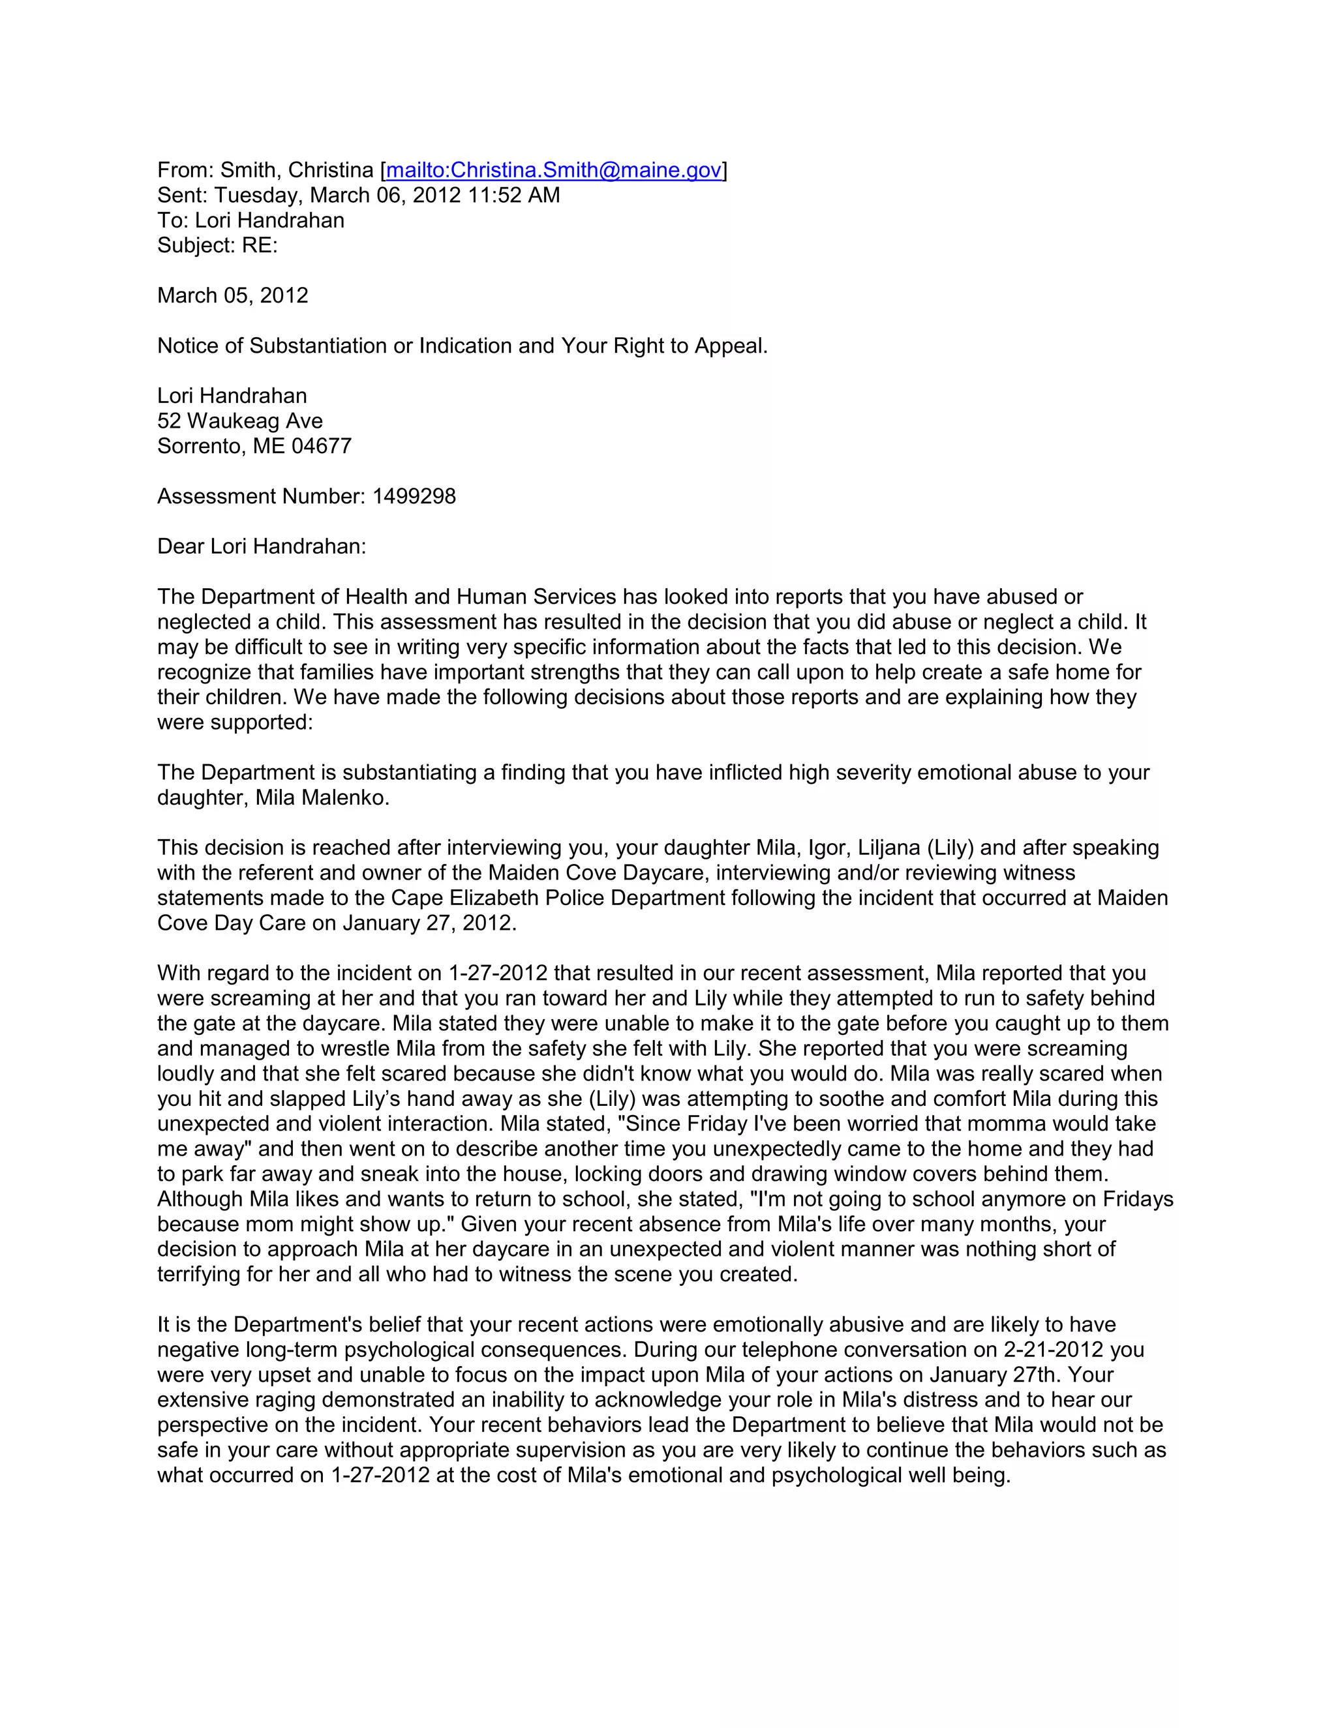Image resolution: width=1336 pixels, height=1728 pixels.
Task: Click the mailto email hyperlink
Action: tap(553, 170)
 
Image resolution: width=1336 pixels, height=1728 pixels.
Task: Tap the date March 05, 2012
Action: tap(233, 296)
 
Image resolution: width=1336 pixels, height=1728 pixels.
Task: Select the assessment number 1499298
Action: tap(414, 497)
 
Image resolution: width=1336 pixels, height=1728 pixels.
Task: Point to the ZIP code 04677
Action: tap(322, 446)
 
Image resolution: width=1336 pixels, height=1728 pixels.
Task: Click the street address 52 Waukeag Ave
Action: tap(240, 421)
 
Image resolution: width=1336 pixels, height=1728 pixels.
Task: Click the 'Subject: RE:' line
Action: tap(218, 245)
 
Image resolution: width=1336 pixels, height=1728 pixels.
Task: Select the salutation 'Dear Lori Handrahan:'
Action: tap(261, 546)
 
